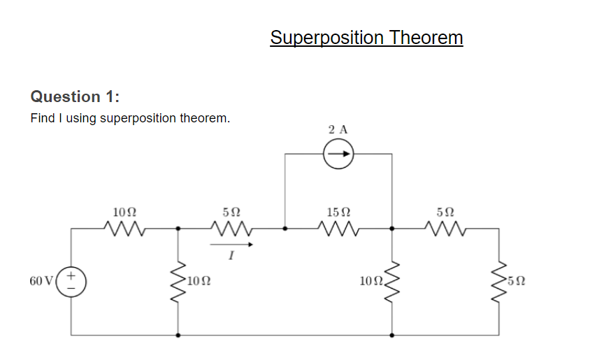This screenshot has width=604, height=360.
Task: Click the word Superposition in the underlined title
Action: (x=327, y=38)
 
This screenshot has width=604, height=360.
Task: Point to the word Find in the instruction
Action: (x=43, y=118)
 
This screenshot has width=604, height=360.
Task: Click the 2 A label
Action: (x=338, y=129)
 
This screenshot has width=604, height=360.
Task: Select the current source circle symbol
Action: (x=338, y=153)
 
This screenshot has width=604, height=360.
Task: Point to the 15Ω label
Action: (x=338, y=211)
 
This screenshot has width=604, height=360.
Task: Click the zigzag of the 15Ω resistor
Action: (x=338, y=227)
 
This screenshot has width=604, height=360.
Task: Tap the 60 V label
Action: (x=41, y=281)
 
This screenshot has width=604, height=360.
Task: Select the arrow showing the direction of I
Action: (x=231, y=245)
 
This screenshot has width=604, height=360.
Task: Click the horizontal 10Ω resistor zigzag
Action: (x=124, y=227)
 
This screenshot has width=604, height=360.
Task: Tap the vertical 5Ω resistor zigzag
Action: (x=499, y=281)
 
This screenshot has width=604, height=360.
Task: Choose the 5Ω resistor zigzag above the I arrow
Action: (x=231, y=227)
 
